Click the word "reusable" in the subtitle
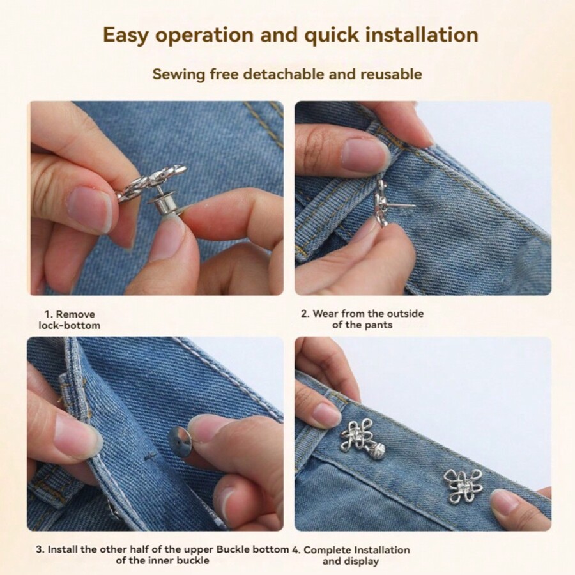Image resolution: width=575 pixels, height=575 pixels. click(x=391, y=74)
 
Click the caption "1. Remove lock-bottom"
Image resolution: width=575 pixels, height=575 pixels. click(x=69, y=319)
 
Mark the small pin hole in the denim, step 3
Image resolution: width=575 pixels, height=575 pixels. click(x=150, y=456)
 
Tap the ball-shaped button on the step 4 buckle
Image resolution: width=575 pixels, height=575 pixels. click(x=377, y=449)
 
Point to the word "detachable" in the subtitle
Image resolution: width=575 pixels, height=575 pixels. click(x=284, y=74)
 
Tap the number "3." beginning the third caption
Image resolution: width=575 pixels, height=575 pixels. click(x=40, y=549)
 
